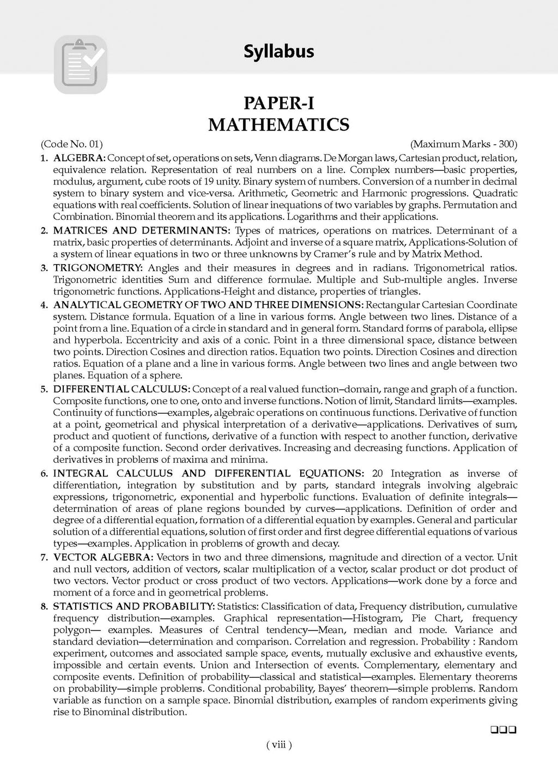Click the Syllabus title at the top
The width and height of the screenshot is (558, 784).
tap(278, 52)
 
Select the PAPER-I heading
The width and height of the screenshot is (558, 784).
tap(278, 103)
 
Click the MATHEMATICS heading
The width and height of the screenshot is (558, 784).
tap(278, 125)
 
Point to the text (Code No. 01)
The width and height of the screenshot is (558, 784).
tap(71, 144)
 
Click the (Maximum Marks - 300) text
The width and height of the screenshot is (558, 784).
tap(463, 144)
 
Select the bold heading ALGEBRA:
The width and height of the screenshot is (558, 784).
tap(79, 158)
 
